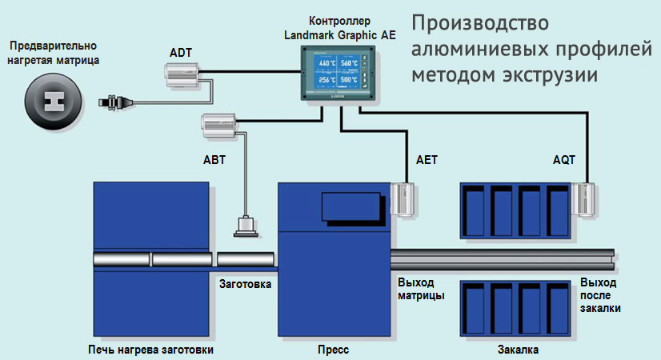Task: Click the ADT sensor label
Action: point(181,53)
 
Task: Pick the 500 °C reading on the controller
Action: point(348,81)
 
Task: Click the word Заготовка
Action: point(245,284)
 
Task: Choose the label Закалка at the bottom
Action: point(518,350)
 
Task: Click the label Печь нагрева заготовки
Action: point(151,350)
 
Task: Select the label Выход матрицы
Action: point(421,290)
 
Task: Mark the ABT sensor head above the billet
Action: point(244,226)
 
